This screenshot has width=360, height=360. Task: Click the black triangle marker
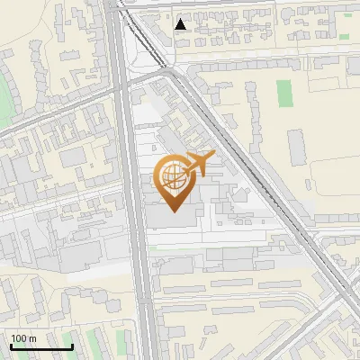pyautogui.click(x=182, y=24)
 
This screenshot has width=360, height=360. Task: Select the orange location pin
pyautogui.click(x=174, y=183)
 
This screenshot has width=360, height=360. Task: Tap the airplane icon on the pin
pyautogui.click(x=199, y=164)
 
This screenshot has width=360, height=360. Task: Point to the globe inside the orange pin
pyautogui.click(x=173, y=176)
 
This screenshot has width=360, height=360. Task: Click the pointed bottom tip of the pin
pyautogui.click(x=174, y=211)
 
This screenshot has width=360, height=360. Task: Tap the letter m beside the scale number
pyautogui.click(x=32, y=338)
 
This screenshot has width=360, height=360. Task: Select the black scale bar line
pyautogui.click(x=40, y=346)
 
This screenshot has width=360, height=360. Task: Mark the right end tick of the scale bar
pyautogui.click(x=72, y=345)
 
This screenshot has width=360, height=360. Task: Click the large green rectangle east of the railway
pyautogui.click(x=284, y=93)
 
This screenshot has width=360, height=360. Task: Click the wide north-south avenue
pyautogui.click(x=135, y=225)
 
